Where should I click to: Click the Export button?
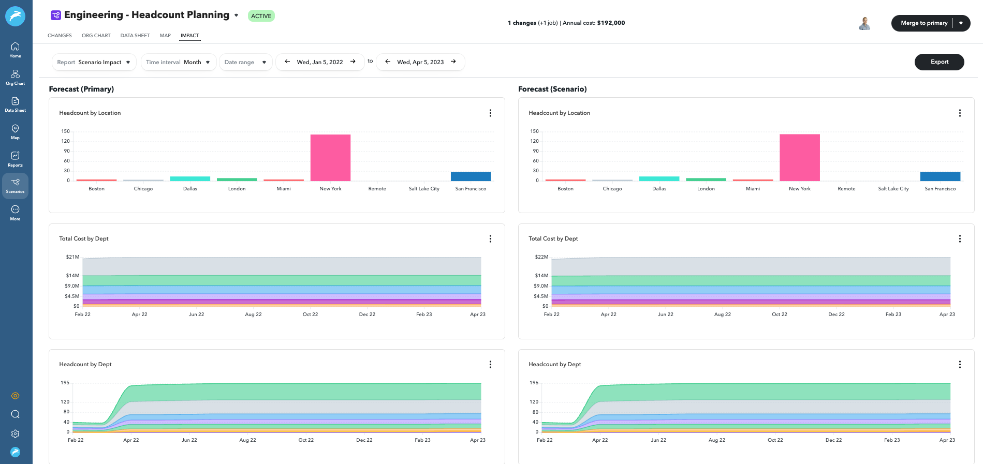pos(939,62)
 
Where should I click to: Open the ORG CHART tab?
pos(96,36)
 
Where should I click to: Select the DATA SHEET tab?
pos(135,36)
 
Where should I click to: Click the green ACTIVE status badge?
pos(261,16)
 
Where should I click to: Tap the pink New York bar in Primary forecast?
pos(330,158)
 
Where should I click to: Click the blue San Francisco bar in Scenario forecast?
pos(940,176)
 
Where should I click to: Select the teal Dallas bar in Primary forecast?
pos(190,179)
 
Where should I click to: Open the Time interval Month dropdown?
pos(178,62)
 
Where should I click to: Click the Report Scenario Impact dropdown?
pos(94,62)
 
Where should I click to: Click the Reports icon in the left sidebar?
pos(15,158)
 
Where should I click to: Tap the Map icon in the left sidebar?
pos(15,131)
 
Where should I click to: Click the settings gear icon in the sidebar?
pos(15,433)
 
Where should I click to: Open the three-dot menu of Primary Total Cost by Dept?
pos(490,239)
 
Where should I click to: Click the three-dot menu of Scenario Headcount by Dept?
pos(960,365)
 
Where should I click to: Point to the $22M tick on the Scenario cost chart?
pos(541,257)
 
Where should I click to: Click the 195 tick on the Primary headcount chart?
pos(65,383)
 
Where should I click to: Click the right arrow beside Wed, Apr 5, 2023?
pos(453,62)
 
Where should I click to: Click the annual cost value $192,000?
pos(611,23)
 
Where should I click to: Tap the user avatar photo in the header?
pos(864,23)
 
